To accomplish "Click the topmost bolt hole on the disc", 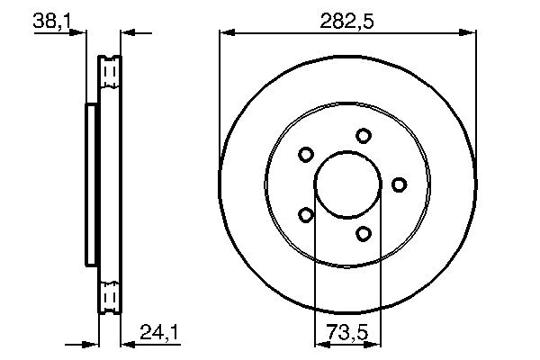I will pos(363,136).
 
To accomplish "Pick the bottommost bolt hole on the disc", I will pos(363,234).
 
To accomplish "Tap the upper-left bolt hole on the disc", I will pos(306,155).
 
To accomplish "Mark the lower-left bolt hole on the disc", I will pos(306,215).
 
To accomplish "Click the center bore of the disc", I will pos(347,185).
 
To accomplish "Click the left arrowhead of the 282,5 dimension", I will pos(225,34).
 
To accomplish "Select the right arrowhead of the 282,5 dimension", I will pos(469,34).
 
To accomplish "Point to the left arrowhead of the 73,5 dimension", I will pos(319,342).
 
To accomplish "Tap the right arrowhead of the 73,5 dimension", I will pos(376,342).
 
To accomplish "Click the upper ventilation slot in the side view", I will pos(110,71).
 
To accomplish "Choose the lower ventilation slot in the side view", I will pos(110,297).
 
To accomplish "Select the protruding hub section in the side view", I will pos(91,184).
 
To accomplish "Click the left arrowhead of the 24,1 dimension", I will pos(92,342).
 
